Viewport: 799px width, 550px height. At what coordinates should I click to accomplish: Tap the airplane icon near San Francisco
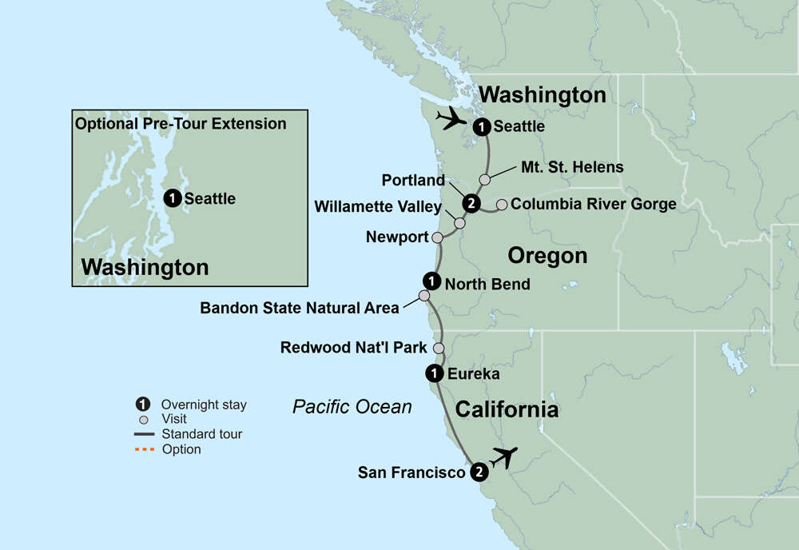pyautogui.click(x=503, y=457)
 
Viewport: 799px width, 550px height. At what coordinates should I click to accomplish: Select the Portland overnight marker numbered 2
pyautogui.click(x=471, y=204)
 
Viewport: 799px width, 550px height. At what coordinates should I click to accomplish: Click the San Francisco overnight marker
pyautogui.click(x=478, y=472)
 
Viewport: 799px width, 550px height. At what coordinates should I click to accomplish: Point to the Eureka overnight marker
pyautogui.click(x=432, y=373)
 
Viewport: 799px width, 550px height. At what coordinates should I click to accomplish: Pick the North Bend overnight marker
pyautogui.click(x=431, y=281)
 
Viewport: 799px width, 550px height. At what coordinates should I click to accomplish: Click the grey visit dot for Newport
pyautogui.click(x=437, y=237)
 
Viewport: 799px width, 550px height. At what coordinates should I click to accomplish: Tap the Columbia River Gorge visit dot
pyautogui.click(x=501, y=205)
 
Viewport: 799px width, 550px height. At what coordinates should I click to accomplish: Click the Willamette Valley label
pyautogui.click(x=377, y=207)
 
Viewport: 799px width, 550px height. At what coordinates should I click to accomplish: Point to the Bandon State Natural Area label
pyautogui.click(x=299, y=308)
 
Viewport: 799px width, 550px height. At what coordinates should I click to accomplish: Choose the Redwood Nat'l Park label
pyautogui.click(x=353, y=348)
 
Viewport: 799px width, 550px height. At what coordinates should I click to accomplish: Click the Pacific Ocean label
pyautogui.click(x=352, y=407)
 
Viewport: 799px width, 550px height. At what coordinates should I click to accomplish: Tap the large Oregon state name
pyautogui.click(x=547, y=256)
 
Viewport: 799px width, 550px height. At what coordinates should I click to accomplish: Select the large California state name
pyautogui.click(x=507, y=410)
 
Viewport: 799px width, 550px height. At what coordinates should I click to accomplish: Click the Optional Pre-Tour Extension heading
pyautogui.click(x=180, y=124)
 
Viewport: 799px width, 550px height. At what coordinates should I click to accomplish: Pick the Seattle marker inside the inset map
pyautogui.click(x=171, y=198)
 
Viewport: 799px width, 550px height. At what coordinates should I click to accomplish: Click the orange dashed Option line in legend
pyautogui.click(x=144, y=450)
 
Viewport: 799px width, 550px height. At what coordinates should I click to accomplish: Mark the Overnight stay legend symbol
pyautogui.click(x=144, y=405)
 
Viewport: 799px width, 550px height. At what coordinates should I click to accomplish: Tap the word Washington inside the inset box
pyautogui.click(x=145, y=267)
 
